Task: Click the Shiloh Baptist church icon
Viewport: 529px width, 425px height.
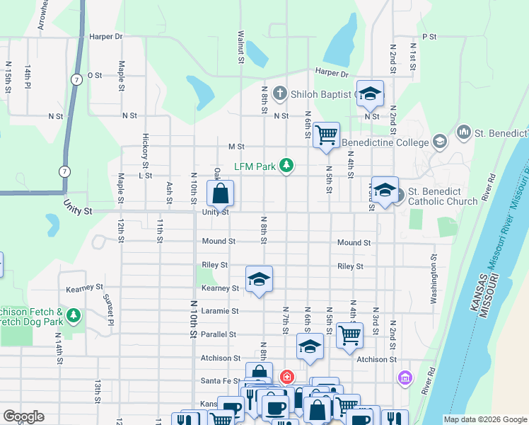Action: tap(280, 94)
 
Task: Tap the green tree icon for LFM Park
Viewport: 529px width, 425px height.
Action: tap(286, 166)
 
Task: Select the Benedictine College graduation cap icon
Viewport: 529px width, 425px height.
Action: tap(439, 142)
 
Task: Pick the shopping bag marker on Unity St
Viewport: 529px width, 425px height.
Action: tap(221, 193)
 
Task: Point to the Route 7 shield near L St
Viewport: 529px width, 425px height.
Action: tap(65, 171)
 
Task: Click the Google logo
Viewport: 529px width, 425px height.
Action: tap(23, 416)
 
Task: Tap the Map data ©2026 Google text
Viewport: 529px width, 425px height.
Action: tap(484, 419)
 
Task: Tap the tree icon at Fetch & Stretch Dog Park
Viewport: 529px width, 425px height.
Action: tap(74, 314)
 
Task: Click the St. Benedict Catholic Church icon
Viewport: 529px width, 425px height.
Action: tap(400, 194)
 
